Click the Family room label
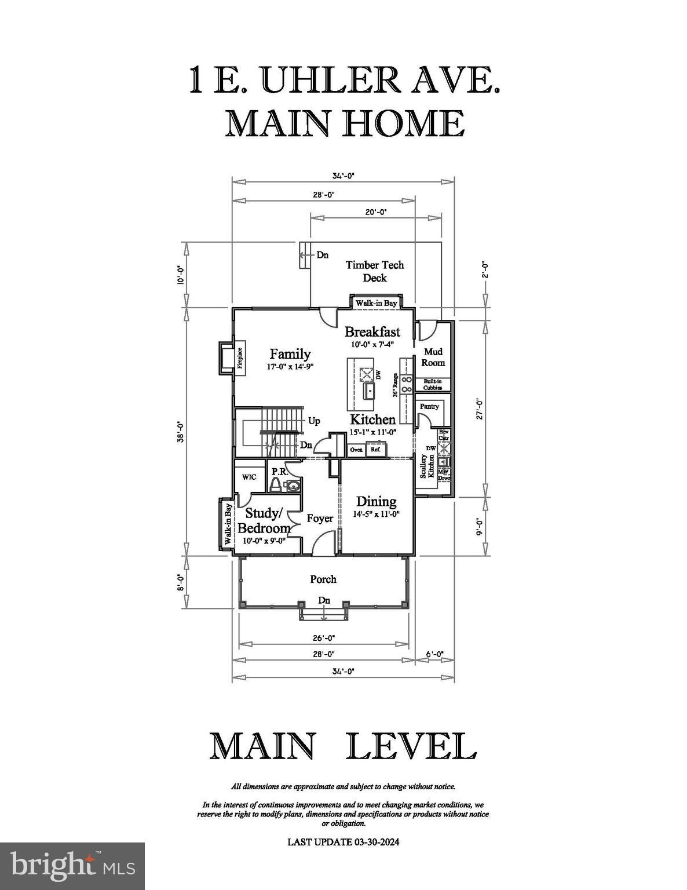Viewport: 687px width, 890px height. (x=290, y=354)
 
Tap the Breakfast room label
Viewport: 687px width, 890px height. (x=372, y=332)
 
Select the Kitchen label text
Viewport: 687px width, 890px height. (x=372, y=420)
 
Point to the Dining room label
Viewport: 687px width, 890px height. (x=376, y=502)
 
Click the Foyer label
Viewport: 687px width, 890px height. (x=320, y=518)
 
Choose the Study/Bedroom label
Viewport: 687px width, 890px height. (x=264, y=521)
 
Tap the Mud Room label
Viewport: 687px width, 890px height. (x=433, y=357)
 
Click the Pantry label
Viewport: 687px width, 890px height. (x=429, y=407)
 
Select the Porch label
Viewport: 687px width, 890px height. (x=323, y=579)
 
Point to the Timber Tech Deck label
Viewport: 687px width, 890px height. (x=375, y=271)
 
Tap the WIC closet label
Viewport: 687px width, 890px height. (x=249, y=477)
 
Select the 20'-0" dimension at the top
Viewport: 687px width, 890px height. (x=375, y=212)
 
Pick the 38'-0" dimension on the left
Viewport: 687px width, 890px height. (x=181, y=431)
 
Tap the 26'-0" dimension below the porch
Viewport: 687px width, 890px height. (x=323, y=638)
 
